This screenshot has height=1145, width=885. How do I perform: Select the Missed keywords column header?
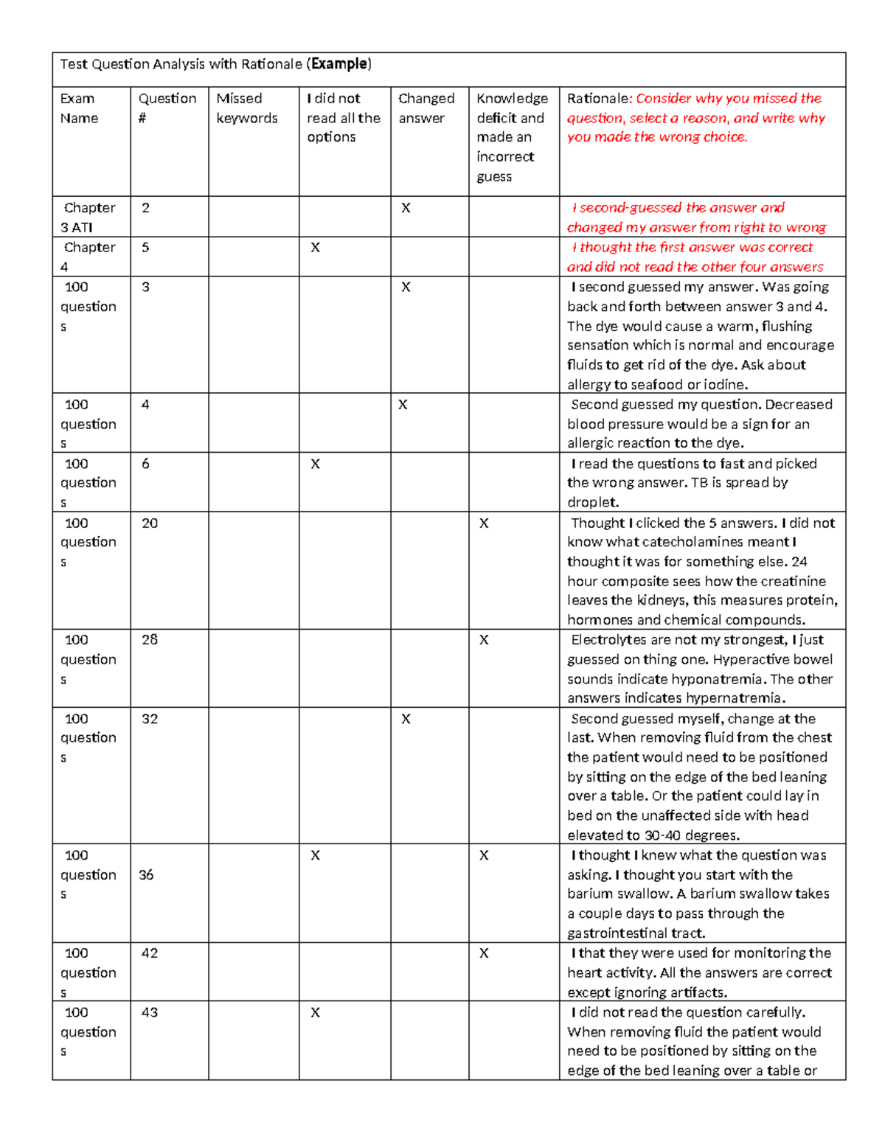click(246, 108)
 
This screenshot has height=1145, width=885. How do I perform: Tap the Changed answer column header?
click(426, 108)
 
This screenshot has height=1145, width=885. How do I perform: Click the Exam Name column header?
click(78, 108)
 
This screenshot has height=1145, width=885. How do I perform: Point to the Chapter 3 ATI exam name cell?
click(88, 217)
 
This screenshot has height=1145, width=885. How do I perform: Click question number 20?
click(150, 523)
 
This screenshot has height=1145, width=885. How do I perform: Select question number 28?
click(150, 640)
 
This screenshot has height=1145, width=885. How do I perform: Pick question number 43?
click(150, 1012)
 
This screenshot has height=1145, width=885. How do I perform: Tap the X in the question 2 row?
click(406, 208)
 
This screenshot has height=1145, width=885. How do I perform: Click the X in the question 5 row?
click(315, 248)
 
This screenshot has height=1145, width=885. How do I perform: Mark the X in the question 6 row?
click(315, 464)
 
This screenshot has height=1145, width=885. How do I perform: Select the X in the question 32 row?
click(406, 719)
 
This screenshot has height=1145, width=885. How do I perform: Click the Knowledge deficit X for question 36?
click(484, 855)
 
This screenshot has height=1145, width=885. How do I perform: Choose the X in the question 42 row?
click(484, 953)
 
